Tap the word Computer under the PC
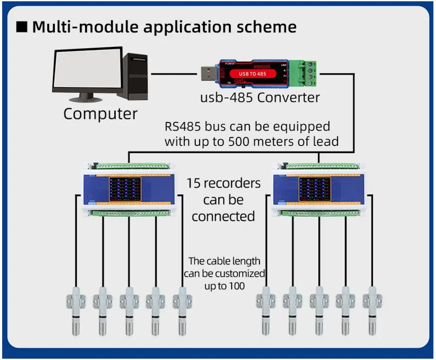100,114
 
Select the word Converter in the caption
288,98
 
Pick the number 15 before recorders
193,183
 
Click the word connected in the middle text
223,216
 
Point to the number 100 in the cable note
237,286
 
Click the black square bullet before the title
22,27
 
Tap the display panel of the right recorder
315,189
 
